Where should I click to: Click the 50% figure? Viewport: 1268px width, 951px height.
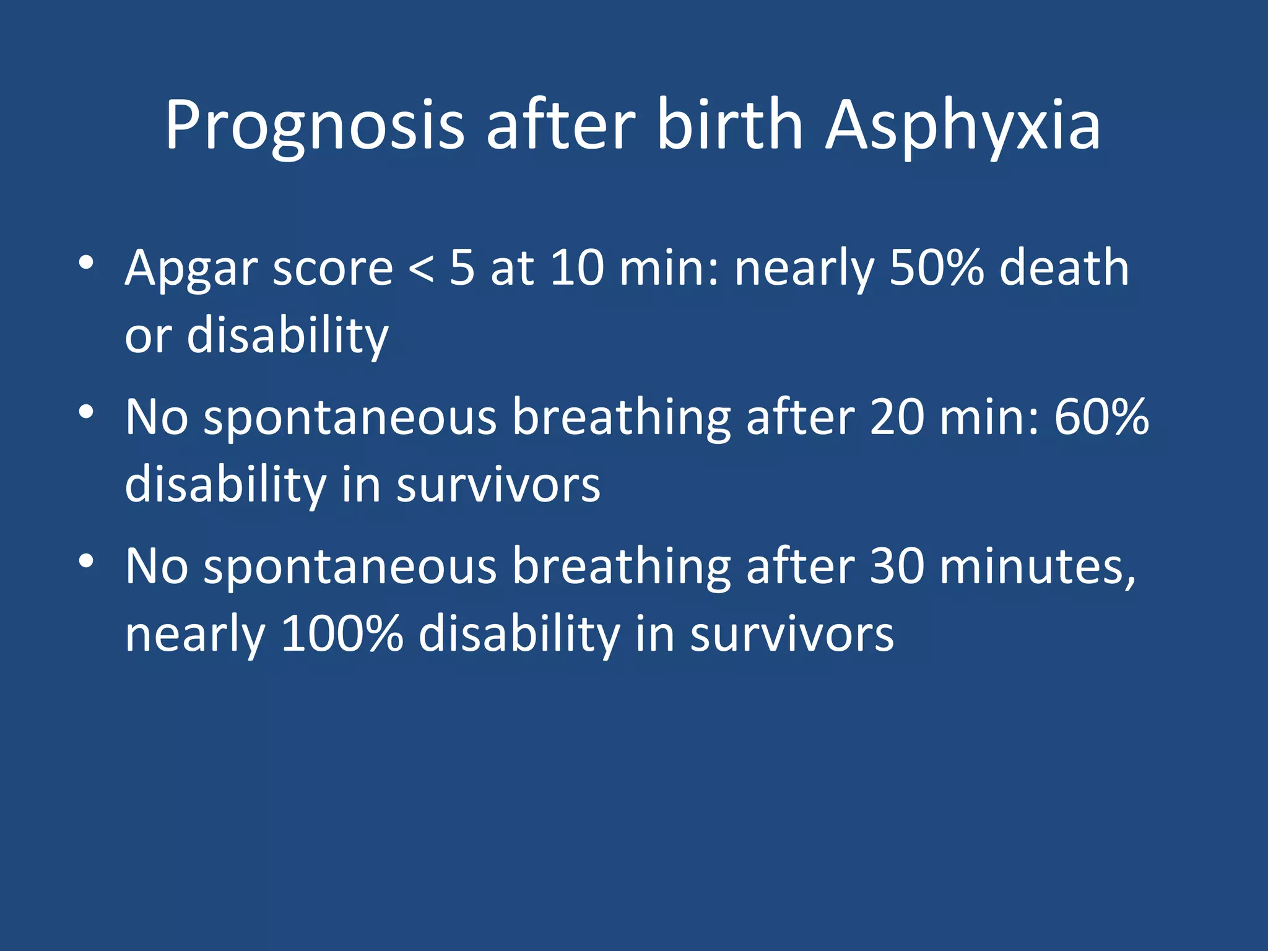click(936, 267)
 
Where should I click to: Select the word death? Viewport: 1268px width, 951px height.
click(1064, 267)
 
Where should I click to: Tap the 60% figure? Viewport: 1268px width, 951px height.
click(1101, 417)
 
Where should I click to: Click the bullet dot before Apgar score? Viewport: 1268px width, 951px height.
click(86, 263)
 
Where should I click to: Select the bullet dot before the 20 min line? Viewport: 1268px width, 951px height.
click(86, 412)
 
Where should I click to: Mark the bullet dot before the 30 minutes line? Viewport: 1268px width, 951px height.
click(86, 561)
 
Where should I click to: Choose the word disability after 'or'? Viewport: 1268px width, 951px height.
click(287, 336)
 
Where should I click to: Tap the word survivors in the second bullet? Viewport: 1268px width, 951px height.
click(498, 485)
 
